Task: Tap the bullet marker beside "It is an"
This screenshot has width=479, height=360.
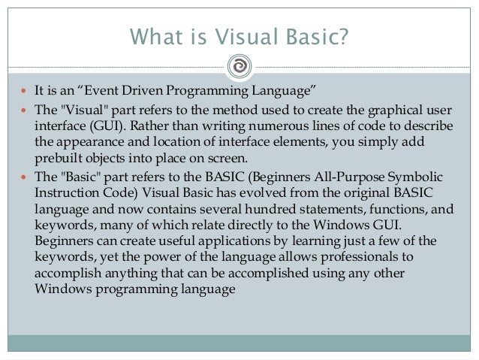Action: pos(26,92)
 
